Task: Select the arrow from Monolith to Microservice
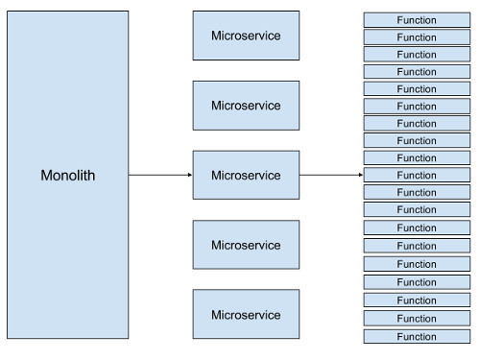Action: click(x=158, y=176)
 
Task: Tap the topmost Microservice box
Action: click(x=246, y=36)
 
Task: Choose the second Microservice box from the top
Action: click(x=246, y=106)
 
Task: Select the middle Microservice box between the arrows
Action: click(x=246, y=176)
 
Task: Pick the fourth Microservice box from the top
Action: click(x=246, y=245)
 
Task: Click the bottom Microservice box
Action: click(x=246, y=315)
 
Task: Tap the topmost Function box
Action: click(x=417, y=19)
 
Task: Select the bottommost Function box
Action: click(x=417, y=336)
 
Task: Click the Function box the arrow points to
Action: click(x=417, y=175)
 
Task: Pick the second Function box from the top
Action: click(x=417, y=36)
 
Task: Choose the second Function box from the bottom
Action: click(x=417, y=318)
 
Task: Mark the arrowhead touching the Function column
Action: click(x=360, y=176)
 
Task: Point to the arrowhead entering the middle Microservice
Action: click(x=189, y=176)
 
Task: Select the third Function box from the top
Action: click(x=417, y=54)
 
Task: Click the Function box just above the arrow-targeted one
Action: click(x=417, y=157)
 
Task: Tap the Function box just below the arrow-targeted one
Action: click(x=417, y=192)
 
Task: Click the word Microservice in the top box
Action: click(x=246, y=36)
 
